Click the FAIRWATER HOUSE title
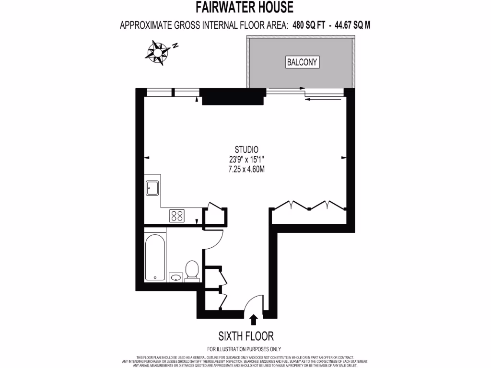(x=245, y=8)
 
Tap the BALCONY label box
(x=303, y=62)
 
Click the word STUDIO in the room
(x=246, y=149)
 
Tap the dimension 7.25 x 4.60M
(x=246, y=169)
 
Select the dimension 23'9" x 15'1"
(x=246, y=159)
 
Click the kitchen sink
(x=153, y=188)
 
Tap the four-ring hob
(x=177, y=216)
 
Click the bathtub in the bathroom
(x=155, y=257)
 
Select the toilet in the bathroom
(x=192, y=270)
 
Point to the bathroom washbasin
(x=175, y=277)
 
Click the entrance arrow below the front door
(x=254, y=319)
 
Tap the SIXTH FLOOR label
(x=246, y=335)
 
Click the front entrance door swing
(x=254, y=303)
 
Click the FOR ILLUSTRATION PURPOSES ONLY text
(x=244, y=349)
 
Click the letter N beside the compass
(x=176, y=46)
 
